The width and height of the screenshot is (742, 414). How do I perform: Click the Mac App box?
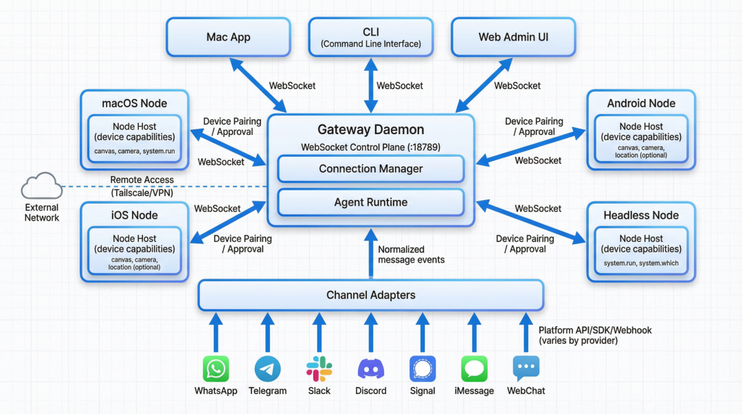tap(228, 37)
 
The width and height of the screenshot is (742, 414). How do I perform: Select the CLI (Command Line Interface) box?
tap(371, 37)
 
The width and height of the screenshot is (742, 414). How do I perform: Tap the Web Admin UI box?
tap(514, 37)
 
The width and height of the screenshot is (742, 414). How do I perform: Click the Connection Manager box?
tap(371, 168)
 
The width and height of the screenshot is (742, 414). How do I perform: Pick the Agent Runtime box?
tap(371, 202)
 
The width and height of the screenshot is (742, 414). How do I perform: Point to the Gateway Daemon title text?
tap(371, 129)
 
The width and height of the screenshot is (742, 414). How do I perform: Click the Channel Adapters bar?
tap(371, 295)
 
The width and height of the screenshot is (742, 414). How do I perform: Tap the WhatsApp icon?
tap(216, 369)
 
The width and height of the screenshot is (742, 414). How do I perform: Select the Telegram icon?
tap(267, 369)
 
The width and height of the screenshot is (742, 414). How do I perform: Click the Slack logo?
tap(319, 369)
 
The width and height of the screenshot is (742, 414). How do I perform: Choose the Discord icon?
tap(371, 369)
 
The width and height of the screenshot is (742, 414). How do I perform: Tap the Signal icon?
tap(423, 369)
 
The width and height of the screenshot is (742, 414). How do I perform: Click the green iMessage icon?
tap(474, 369)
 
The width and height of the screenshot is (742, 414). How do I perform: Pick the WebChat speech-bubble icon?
tap(526, 369)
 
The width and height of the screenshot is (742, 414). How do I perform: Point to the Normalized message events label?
tap(411, 254)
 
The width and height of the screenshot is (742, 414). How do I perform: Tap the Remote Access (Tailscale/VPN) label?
tap(142, 186)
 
